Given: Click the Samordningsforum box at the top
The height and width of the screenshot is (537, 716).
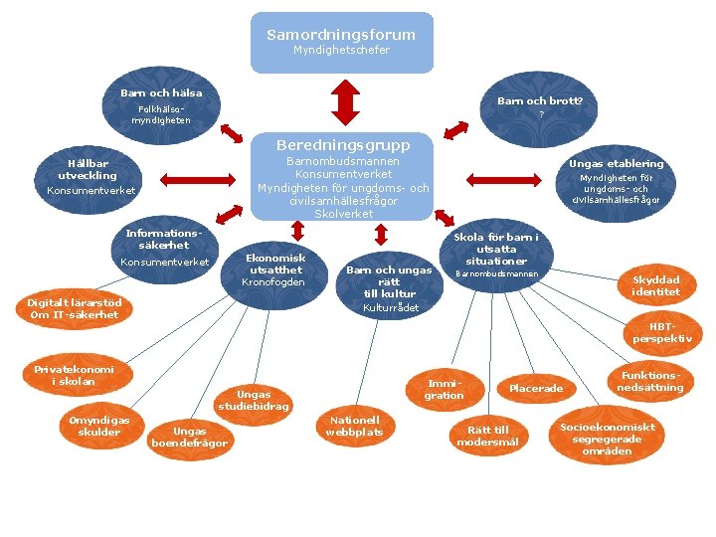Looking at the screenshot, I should (x=341, y=42).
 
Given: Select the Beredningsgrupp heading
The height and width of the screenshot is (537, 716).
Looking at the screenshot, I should (x=343, y=145).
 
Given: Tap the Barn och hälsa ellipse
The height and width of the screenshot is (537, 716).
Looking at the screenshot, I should (x=161, y=105).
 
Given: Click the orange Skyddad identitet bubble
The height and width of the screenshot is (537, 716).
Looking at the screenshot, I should (x=655, y=286).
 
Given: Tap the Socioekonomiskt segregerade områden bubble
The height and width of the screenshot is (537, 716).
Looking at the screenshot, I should (x=608, y=439).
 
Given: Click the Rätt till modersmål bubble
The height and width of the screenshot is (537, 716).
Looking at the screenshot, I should (x=486, y=436).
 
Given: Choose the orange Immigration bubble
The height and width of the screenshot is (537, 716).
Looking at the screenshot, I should (x=444, y=389).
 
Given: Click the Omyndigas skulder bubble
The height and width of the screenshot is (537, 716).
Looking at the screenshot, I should (x=98, y=426).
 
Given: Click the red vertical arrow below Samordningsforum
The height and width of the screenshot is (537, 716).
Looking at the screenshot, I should (x=342, y=99).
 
